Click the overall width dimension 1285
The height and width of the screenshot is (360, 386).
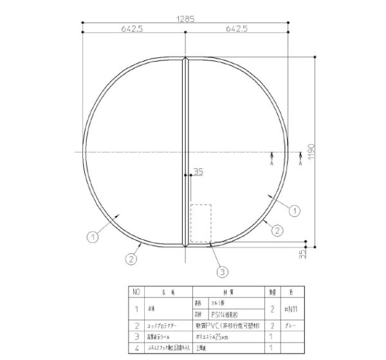[x=186, y=19]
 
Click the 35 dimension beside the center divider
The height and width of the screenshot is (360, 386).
[x=198, y=171]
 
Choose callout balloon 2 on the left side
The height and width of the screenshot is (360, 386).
[x=131, y=260]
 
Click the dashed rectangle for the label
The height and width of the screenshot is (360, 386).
[x=201, y=224]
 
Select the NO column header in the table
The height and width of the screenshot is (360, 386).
[x=136, y=292]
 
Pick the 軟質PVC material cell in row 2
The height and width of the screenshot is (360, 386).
[x=225, y=325]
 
